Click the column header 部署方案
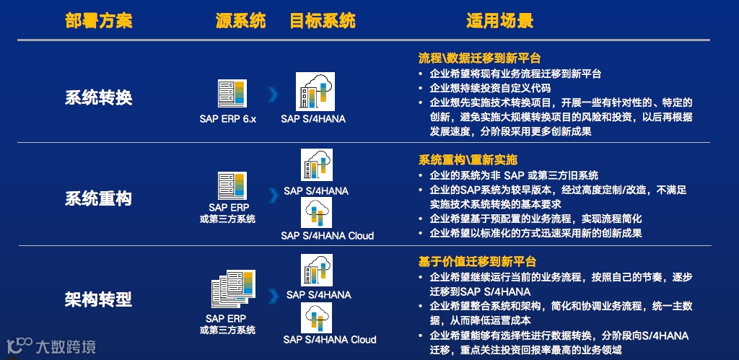click(x=98, y=21)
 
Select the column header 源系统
click(x=241, y=21)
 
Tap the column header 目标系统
click(x=323, y=21)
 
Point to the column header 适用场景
click(x=500, y=21)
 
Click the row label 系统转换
click(x=98, y=97)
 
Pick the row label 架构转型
click(x=98, y=299)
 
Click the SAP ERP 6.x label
click(x=228, y=119)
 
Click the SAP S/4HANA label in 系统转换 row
click(x=313, y=119)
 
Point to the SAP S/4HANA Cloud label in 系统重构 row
click(x=328, y=235)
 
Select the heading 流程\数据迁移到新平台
click(x=480, y=58)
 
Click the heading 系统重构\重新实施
click(x=468, y=159)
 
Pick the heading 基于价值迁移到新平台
click(x=478, y=261)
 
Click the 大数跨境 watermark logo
click(x=51, y=346)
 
